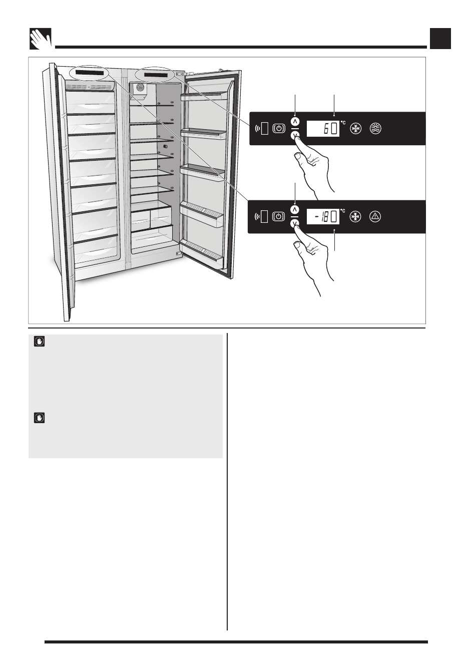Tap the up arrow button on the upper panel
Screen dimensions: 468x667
[295, 121]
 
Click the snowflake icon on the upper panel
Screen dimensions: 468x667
[355, 129]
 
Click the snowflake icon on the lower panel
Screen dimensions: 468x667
[355, 217]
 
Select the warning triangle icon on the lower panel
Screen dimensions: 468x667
[375, 217]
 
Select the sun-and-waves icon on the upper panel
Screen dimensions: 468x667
[375, 129]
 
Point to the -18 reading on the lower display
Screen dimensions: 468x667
[323, 217]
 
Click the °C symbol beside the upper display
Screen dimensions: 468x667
[343, 122]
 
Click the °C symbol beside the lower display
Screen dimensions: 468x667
[343, 211]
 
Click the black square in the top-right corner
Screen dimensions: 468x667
[440, 39]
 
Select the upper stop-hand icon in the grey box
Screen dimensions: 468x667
[39, 342]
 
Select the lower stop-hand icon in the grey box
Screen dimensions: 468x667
[39, 417]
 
